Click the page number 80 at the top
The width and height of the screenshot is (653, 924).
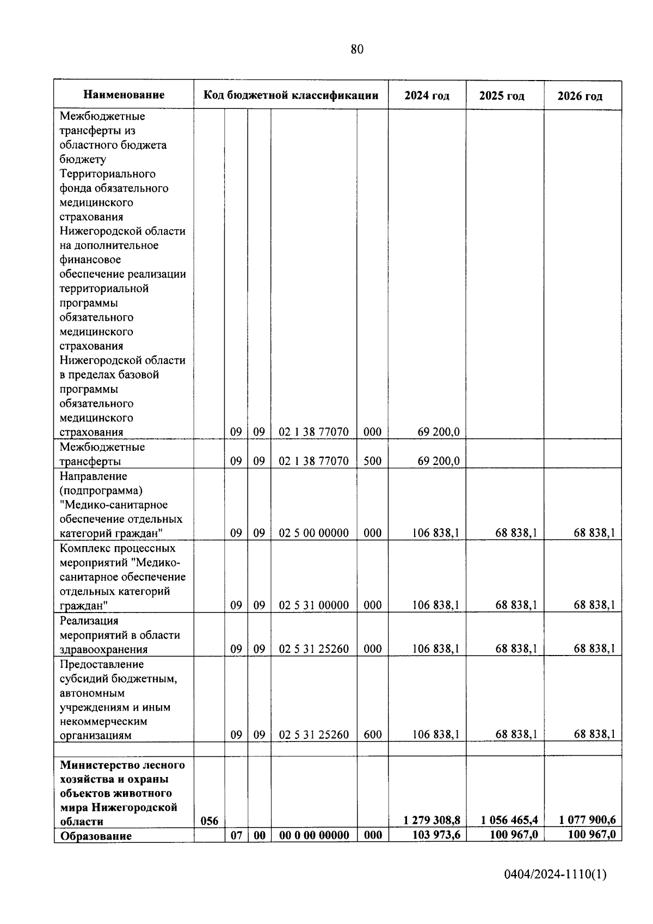tap(357, 50)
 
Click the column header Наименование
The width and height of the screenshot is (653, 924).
tap(124, 95)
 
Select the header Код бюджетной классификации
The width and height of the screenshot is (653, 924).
tap(291, 95)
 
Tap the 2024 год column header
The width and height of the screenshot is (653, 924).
tap(427, 96)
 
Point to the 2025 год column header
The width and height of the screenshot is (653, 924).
tap(502, 96)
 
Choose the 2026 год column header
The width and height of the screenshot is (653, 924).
tap(580, 96)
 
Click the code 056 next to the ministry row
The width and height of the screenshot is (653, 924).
tap(210, 821)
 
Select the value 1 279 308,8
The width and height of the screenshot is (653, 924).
tap(432, 819)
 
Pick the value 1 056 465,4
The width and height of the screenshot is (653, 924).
tap(510, 819)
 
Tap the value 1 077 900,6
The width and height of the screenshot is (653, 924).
tap(587, 819)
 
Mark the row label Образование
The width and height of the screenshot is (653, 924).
tap(96, 836)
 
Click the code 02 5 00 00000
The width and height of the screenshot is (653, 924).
tap(313, 533)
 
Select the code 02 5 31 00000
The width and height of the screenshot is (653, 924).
tap(313, 605)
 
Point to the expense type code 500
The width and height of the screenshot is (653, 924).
tap(372, 461)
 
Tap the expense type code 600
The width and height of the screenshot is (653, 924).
tap(372, 735)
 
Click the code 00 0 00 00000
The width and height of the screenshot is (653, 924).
tap(313, 835)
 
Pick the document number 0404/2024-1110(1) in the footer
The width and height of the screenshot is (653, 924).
tap(555, 874)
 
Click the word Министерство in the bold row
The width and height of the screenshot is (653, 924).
tap(96, 765)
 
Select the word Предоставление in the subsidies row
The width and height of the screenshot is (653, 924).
tap(102, 664)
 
